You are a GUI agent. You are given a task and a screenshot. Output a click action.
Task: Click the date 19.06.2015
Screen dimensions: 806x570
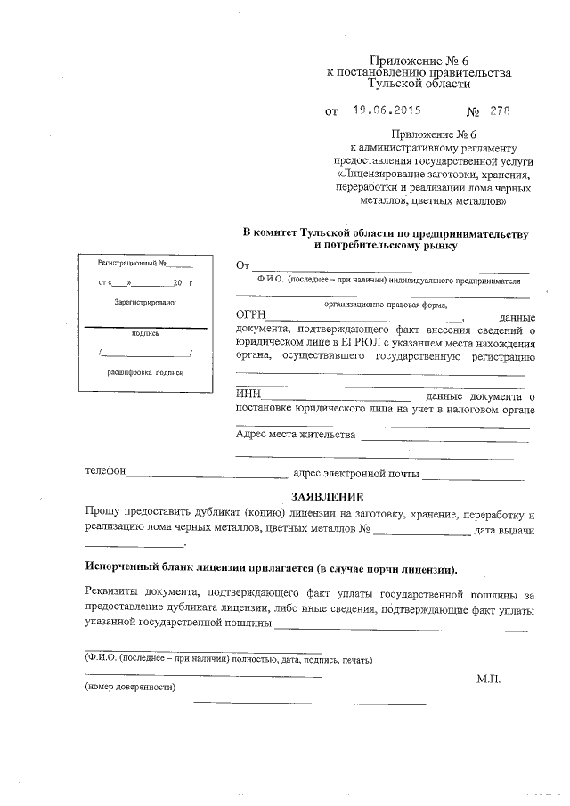[x=386, y=111]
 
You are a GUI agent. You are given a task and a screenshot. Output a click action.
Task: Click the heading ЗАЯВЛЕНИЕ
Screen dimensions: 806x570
[x=328, y=495]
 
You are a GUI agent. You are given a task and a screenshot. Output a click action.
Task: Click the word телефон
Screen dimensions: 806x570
[x=105, y=473]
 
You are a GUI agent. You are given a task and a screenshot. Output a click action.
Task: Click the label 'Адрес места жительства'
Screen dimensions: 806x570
[x=296, y=435]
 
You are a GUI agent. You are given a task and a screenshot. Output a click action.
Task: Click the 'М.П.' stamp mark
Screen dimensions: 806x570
[x=489, y=679]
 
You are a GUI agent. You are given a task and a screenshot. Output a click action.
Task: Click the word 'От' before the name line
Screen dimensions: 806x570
[x=242, y=265]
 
